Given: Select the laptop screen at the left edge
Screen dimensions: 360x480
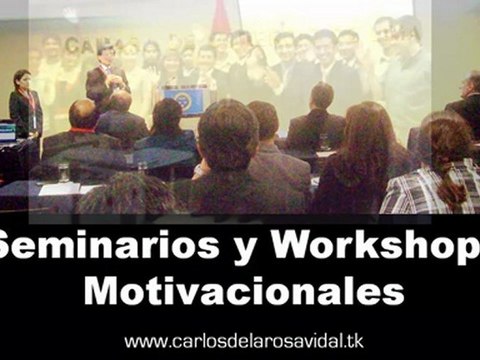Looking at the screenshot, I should tap(6, 131).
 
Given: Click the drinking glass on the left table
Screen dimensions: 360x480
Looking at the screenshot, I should tap(63, 172).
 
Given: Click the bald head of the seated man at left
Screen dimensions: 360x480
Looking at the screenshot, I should tap(84, 112).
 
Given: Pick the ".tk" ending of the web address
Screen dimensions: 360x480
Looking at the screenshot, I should tap(353, 341).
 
